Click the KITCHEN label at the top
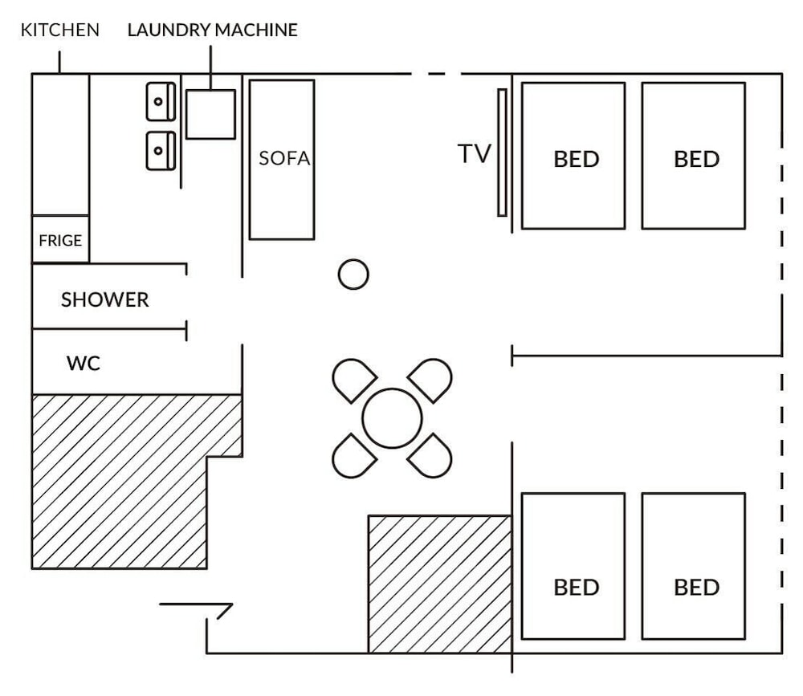60,30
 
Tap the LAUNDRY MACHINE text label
213,30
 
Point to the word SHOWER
105,299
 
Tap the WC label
84,363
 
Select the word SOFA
285,158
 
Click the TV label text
475,153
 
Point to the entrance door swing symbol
197,604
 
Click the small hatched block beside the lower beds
440,584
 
